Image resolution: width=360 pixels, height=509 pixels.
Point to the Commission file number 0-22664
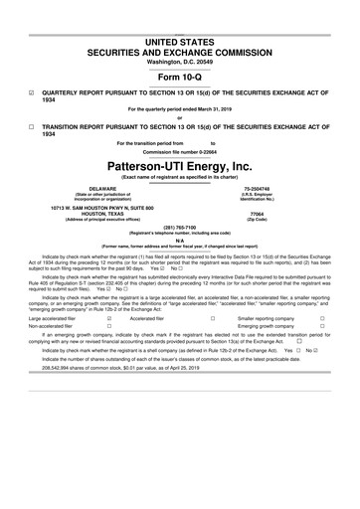[179, 150]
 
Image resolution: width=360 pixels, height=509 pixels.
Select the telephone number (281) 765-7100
[179, 225]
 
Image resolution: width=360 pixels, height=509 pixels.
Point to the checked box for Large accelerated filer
[108, 319]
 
